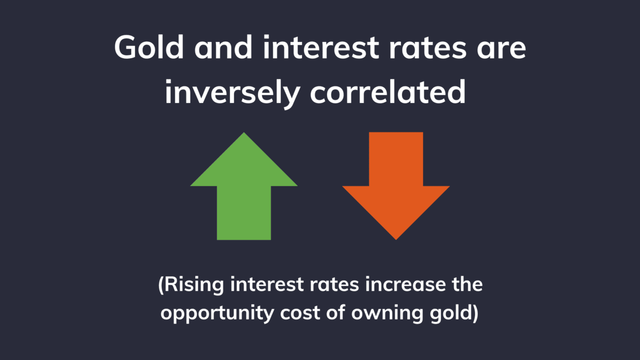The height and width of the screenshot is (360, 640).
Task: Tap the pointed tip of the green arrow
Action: (x=244, y=134)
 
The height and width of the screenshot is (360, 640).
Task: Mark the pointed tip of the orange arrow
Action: (x=396, y=238)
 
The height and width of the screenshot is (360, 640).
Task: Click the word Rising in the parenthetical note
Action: (x=195, y=285)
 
